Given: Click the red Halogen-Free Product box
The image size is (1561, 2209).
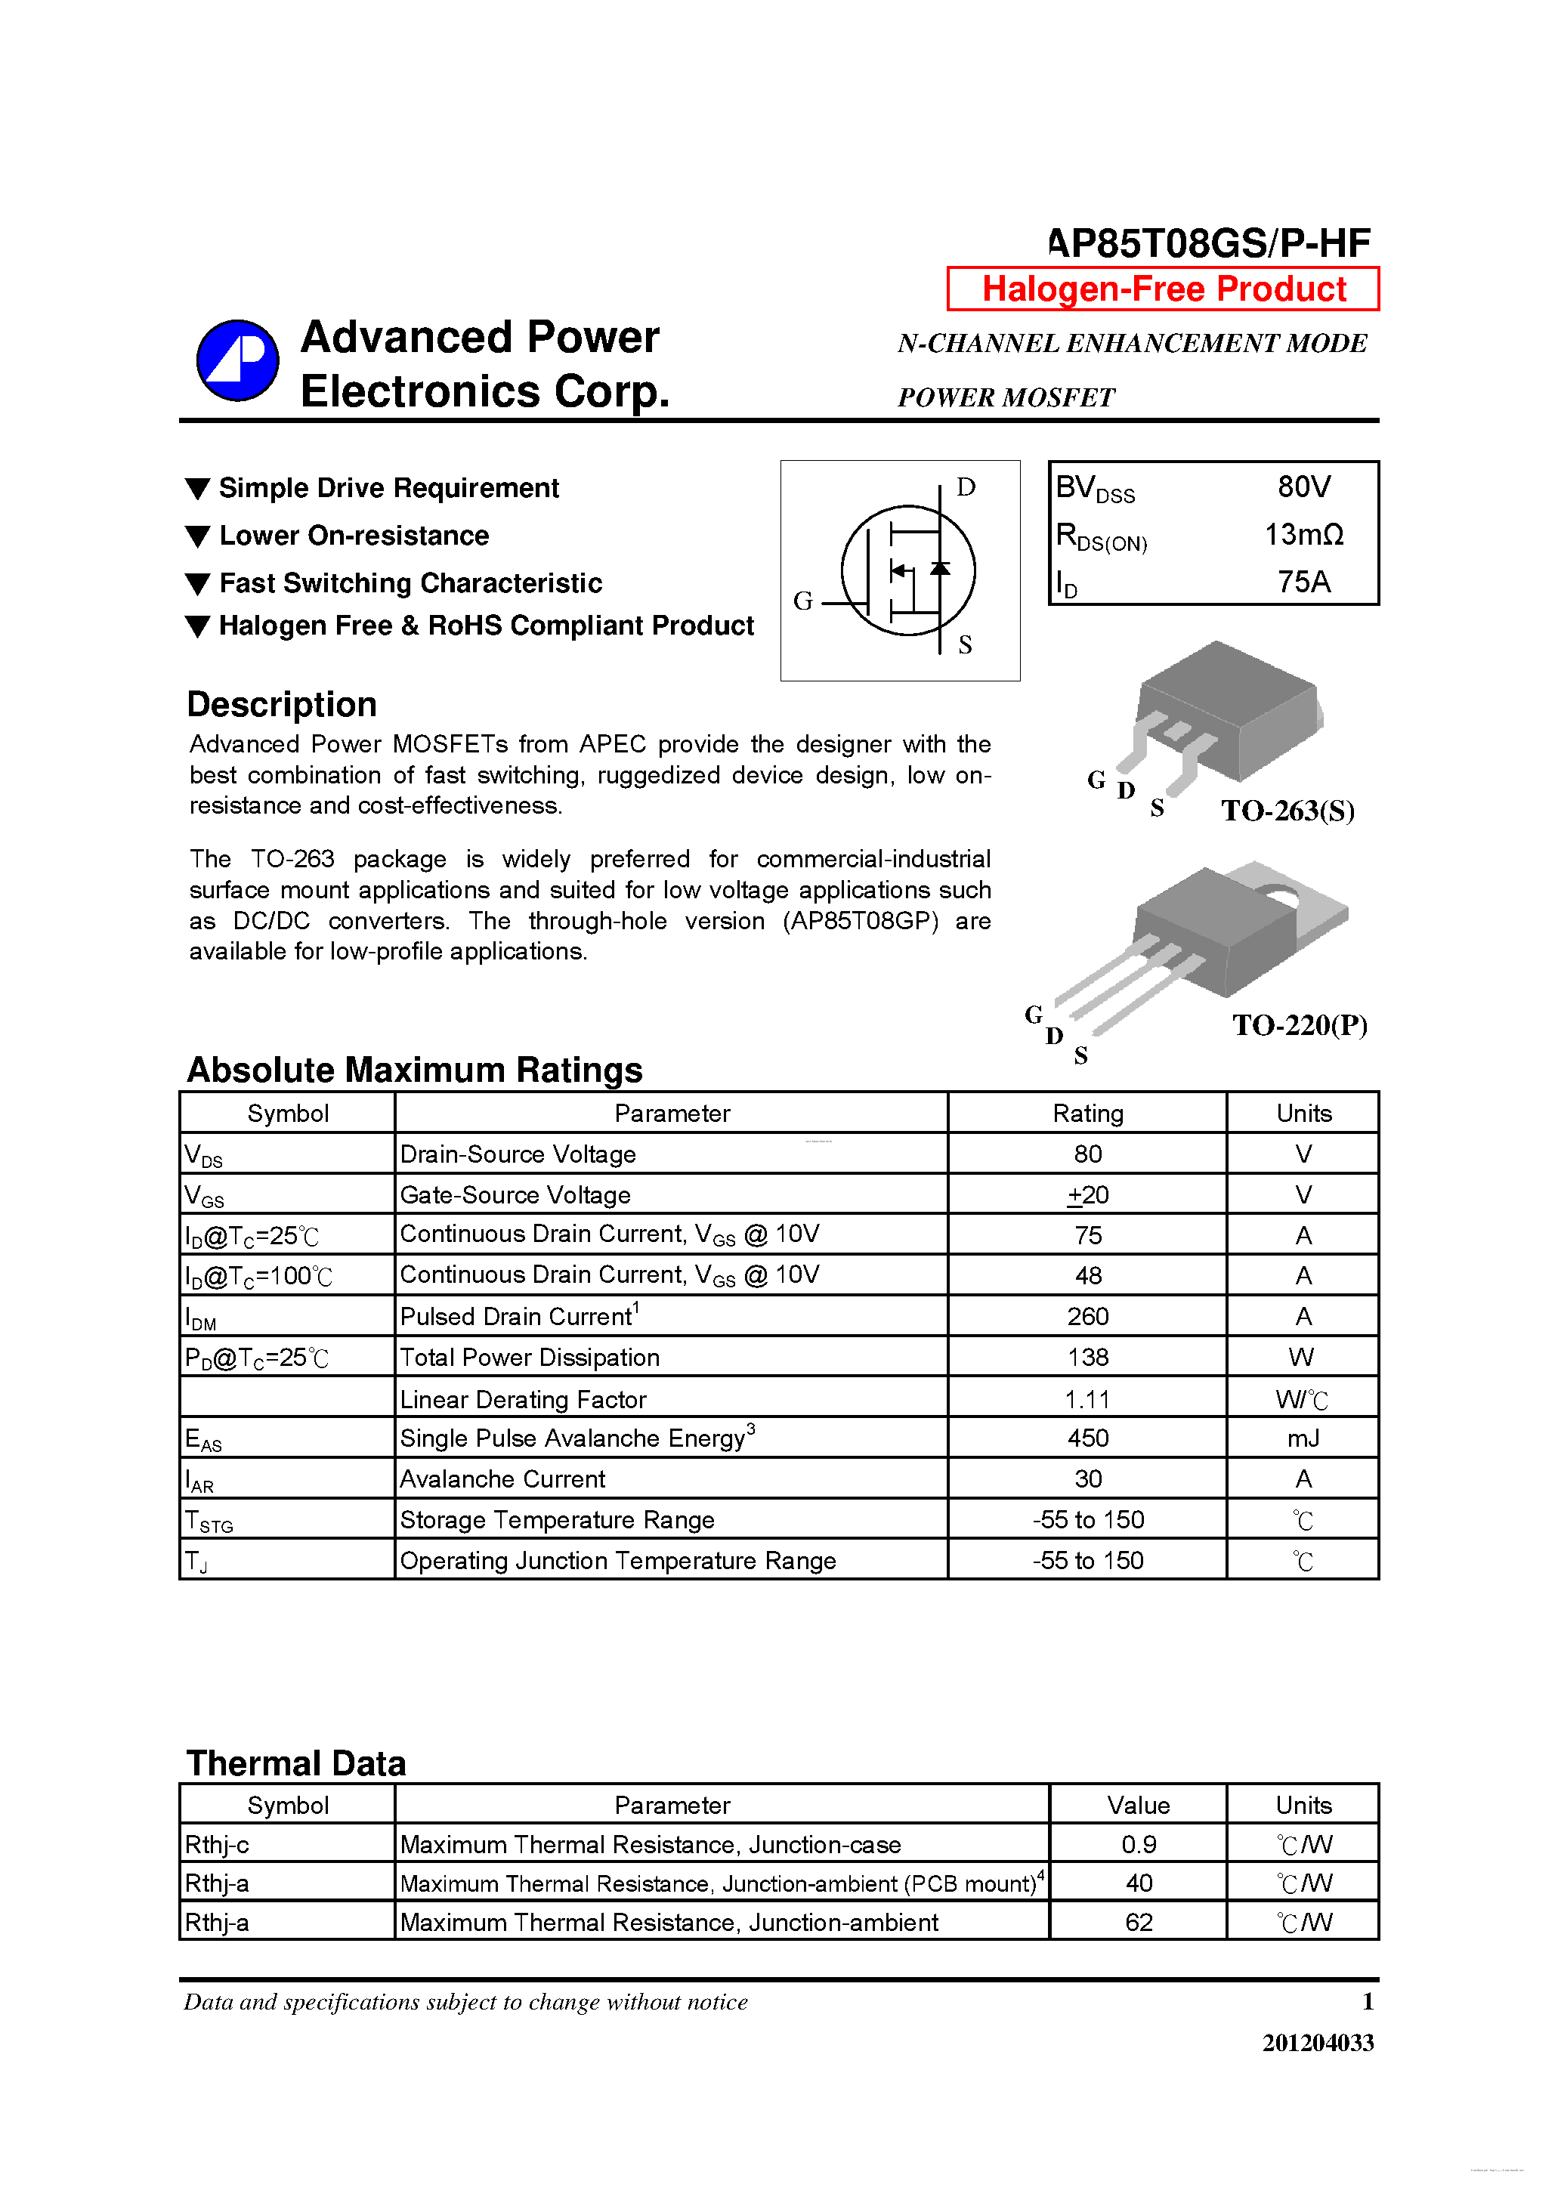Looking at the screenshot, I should click(1163, 289).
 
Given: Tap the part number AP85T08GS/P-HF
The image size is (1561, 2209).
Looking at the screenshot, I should click(1209, 243).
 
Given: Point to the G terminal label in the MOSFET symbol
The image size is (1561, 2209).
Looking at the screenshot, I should click(802, 601).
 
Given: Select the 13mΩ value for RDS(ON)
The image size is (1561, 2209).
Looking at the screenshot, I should click(1303, 534).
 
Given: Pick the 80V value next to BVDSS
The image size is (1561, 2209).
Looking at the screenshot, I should click(1303, 487).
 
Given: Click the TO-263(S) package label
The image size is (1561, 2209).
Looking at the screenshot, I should click(1287, 811).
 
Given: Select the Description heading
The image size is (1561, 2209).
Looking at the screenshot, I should click(282, 704).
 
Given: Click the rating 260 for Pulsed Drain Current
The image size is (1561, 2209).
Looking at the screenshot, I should click(1087, 1316).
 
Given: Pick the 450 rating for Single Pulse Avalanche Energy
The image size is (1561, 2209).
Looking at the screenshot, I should click(1087, 1438).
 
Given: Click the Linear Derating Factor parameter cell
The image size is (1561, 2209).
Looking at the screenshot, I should click(523, 1399).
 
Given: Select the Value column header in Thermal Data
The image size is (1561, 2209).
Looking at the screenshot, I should click(1138, 1805).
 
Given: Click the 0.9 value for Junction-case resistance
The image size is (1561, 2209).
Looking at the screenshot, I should click(1138, 1844).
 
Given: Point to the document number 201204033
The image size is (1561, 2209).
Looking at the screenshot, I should click(1318, 2043).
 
